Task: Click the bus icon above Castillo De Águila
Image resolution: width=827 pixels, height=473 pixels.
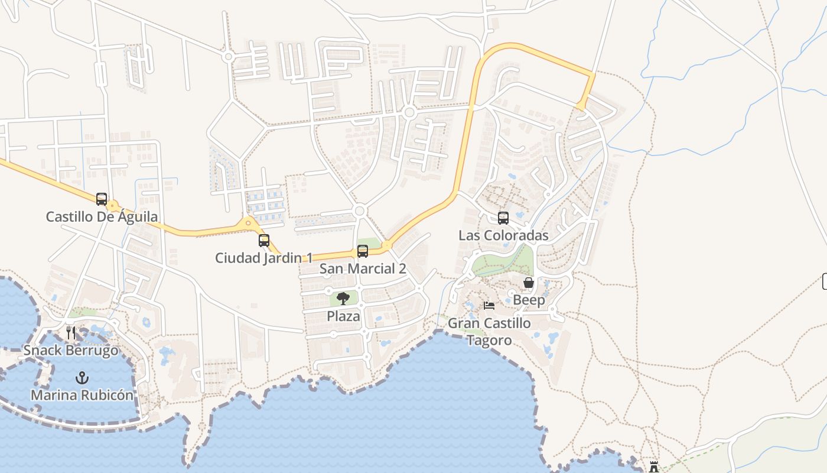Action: (x=102, y=199)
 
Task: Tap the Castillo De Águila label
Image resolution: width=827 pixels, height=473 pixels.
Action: (x=102, y=217)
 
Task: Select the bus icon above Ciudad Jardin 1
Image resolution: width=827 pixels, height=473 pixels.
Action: (x=264, y=241)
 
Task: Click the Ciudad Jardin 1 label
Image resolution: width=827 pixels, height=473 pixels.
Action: (x=263, y=258)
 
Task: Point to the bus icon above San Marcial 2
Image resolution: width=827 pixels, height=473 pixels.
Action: (x=363, y=251)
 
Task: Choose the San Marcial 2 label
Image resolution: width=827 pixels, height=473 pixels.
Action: (x=363, y=268)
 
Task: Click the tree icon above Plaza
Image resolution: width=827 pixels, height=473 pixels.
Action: (x=343, y=299)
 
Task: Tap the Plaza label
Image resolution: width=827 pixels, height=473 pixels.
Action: (x=343, y=316)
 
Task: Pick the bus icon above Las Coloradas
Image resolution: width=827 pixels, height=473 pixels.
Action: (x=503, y=218)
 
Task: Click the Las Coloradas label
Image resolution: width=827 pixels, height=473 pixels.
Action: (x=503, y=235)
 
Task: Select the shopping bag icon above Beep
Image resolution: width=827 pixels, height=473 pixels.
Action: (x=529, y=283)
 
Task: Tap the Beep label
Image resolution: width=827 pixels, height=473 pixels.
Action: (x=529, y=300)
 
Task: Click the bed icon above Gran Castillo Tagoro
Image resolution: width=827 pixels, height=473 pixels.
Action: (x=489, y=306)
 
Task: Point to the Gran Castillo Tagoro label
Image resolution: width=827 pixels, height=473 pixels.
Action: (x=489, y=332)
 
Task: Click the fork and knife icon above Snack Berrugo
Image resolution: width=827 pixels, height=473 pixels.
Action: (x=71, y=333)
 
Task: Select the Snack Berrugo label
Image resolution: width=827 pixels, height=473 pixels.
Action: (x=71, y=351)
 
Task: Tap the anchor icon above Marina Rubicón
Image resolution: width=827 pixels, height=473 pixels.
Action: (x=82, y=377)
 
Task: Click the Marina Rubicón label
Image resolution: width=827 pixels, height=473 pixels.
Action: (x=82, y=395)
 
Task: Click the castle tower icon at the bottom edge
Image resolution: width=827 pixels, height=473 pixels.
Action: (x=654, y=468)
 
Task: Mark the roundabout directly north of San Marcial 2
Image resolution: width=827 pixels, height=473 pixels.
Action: (x=359, y=211)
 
